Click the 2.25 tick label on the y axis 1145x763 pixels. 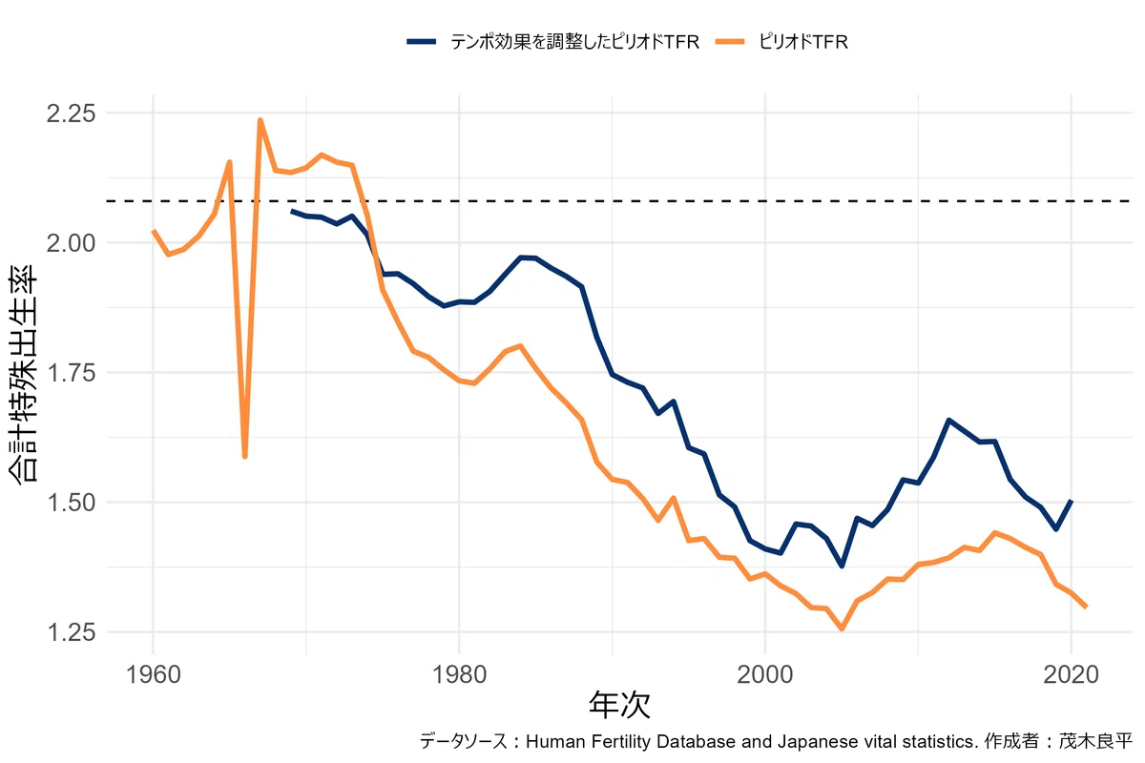click(71, 113)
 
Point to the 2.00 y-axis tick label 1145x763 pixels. click(71, 243)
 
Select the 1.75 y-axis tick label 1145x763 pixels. click(71, 373)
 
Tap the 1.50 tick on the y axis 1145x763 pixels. click(71, 503)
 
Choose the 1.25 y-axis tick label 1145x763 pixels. click(71, 632)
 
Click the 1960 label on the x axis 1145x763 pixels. click(153, 674)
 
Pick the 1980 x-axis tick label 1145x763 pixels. click(459, 674)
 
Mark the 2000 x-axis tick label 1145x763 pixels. click(764, 674)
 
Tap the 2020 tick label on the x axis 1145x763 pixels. click(1071, 674)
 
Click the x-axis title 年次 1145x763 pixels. click(619, 705)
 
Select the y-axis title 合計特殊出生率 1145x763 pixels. click(23, 374)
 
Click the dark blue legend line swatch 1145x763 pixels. click(421, 42)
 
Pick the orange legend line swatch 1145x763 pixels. click(729, 42)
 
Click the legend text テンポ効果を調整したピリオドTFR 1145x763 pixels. click(574, 42)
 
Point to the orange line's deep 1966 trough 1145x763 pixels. click(245, 456)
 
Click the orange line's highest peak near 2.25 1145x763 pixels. click(260, 120)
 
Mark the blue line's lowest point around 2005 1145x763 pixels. click(842, 566)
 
